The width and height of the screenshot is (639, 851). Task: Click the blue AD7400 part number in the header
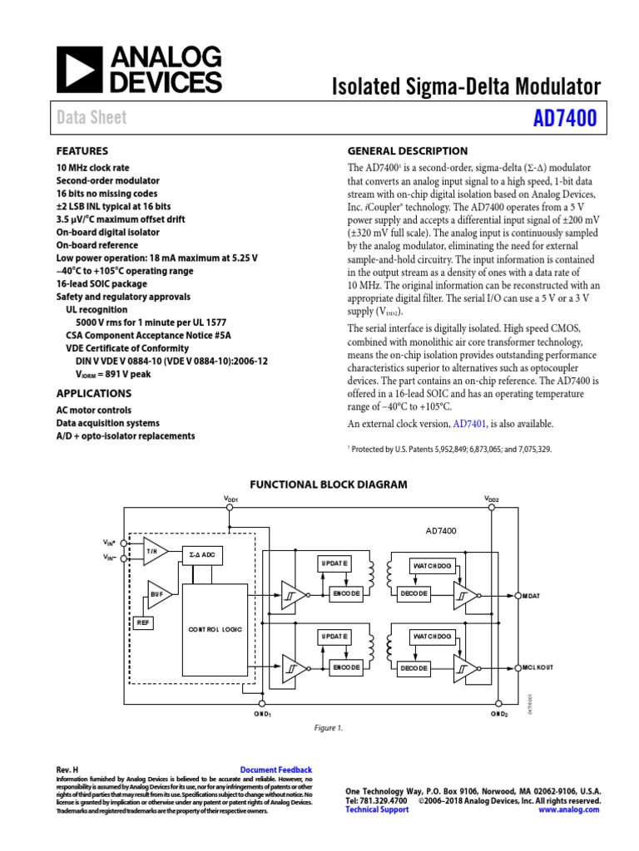pos(565,119)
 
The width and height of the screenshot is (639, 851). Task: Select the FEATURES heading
pos(82,151)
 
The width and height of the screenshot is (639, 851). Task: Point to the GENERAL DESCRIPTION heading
pos(407,151)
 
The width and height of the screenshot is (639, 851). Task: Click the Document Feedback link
pos(275,770)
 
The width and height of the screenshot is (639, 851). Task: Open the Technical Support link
pos(377,809)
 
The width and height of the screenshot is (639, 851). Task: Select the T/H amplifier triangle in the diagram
pos(153,551)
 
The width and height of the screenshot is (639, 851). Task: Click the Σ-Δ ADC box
pos(202,553)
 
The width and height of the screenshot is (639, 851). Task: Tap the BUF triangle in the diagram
pos(156,594)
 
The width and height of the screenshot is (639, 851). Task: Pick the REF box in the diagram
pos(143,622)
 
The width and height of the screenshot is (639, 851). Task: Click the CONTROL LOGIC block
pos(215,630)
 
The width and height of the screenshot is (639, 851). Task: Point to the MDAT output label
pos(532,596)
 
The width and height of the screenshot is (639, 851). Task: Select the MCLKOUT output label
pos(538,667)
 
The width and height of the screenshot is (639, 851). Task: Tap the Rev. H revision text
pos(67,770)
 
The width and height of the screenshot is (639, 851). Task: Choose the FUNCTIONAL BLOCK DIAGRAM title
pos(329,485)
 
